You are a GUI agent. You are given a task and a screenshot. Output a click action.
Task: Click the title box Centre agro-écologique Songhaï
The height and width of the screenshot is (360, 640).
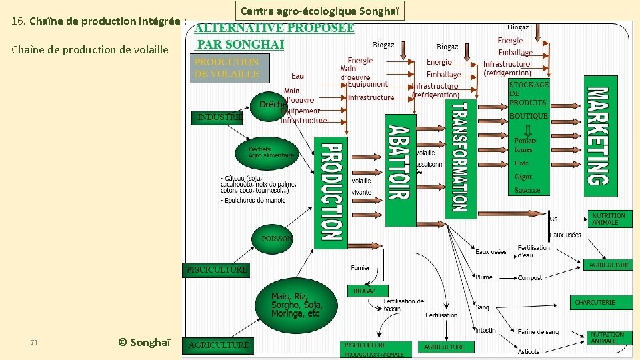[x=319, y=11]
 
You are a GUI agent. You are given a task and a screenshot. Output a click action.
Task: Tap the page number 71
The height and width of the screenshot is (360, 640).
[x=34, y=343]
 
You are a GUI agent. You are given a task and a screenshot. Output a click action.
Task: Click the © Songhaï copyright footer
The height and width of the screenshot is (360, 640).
[x=144, y=342]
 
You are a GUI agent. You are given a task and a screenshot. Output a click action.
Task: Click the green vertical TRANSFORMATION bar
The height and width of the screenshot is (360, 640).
[x=460, y=158]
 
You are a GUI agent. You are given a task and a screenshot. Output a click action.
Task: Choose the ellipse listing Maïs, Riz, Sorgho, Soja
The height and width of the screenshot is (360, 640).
[x=295, y=305]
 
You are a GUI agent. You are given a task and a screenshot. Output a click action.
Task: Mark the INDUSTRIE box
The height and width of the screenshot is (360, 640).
[x=219, y=117]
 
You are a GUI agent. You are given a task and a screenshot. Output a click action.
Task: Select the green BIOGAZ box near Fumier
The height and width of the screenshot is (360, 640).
[x=364, y=291]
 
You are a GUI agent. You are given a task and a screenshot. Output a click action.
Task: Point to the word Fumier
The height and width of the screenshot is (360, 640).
[x=360, y=268]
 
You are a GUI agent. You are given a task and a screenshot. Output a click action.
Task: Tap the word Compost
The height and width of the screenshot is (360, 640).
[x=530, y=278]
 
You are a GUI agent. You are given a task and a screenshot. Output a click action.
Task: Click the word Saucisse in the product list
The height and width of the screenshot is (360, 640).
[x=527, y=191]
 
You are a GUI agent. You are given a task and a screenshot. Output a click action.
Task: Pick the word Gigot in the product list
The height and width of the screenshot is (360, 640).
[x=523, y=177]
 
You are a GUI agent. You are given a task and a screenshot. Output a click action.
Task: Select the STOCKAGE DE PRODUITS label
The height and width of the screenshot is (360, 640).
[x=529, y=93]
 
